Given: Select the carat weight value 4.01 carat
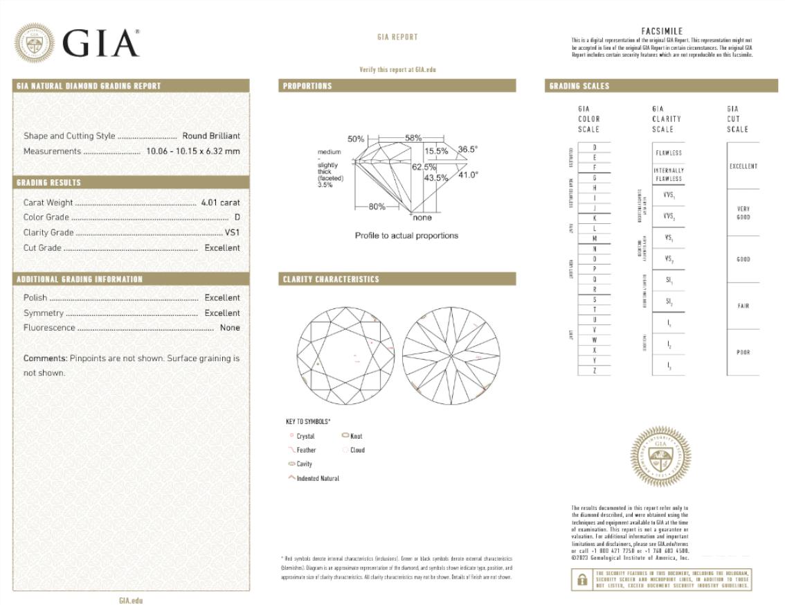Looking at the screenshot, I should tap(220, 202).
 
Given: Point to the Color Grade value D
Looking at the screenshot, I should tap(237, 218).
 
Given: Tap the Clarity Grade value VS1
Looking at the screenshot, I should tap(232, 233).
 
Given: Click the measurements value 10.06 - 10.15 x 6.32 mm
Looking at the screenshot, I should tap(192, 151).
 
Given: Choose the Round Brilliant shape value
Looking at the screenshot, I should tap(211, 136).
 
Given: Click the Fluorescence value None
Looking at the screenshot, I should tap(230, 328).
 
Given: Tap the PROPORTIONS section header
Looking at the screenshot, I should tap(307, 86).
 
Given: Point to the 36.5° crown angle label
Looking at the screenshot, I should tap(467, 149).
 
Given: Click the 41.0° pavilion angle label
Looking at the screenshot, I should tap(467, 175).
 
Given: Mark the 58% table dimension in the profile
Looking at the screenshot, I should tap(413, 138).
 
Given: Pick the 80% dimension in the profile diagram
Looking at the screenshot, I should tap(377, 207).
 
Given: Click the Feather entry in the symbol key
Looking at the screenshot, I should tap(305, 450).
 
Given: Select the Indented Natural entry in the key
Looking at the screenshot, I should tap(317, 479).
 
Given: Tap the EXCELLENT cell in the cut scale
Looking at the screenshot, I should tap(743, 166).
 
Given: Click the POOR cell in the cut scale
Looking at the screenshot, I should tap(743, 352).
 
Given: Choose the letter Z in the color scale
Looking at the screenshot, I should tap(595, 371).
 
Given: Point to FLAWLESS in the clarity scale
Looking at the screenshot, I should tap(668, 153).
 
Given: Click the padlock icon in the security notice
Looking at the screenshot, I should tap(582, 579).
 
